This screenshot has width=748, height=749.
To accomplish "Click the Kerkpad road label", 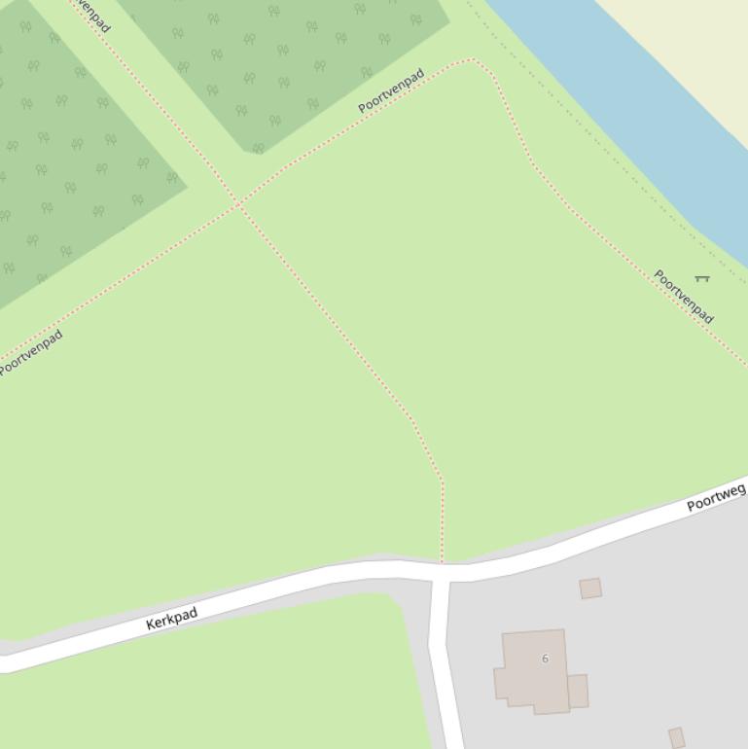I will click(x=172, y=619).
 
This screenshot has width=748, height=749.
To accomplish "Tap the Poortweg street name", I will click(x=716, y=497).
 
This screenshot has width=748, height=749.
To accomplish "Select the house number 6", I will click(x=545, y=659).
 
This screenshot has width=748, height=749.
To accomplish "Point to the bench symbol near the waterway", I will click(x=702, y=279).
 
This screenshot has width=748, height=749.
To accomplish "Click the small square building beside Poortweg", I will click(x=590, y=588).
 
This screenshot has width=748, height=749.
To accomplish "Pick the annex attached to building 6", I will click(x=578, y=691).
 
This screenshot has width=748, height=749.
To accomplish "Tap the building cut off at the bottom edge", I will click(x=677, y=737).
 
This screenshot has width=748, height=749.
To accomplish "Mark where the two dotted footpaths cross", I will click(x=238, y=204).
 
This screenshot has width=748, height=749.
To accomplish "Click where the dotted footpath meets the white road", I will click(x=442, y=562).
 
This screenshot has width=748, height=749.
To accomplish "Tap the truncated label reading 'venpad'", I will click(x=90, y=14).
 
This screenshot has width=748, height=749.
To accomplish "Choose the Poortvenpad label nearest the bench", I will click(x=684, y=297).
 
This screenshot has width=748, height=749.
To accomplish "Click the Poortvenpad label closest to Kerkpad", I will click(x=31, y=353).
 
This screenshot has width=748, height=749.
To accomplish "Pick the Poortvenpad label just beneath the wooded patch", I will click(x=391, y=90).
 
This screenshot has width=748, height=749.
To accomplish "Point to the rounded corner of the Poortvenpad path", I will click(x=475, y=60).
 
